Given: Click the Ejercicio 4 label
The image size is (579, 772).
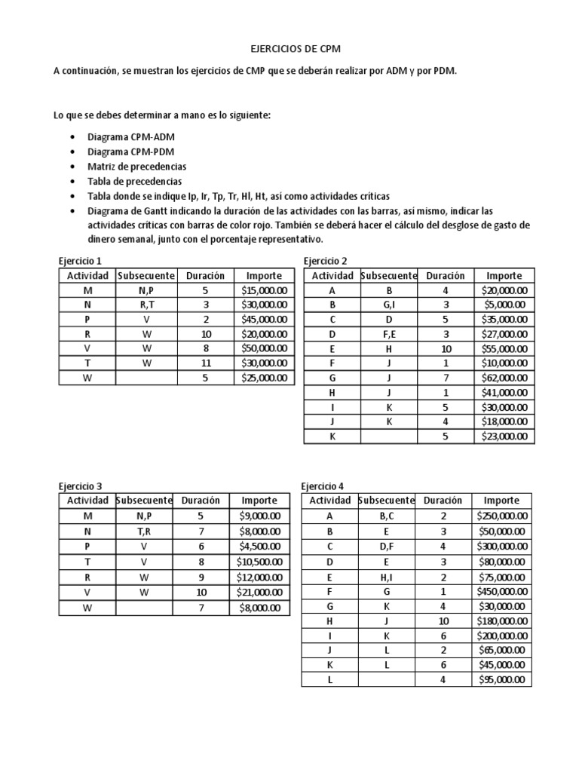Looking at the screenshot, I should (x=323, y=486).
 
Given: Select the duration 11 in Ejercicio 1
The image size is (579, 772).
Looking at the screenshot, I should (x=205, y=363).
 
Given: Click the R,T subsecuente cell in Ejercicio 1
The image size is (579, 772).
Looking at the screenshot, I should (x=146, y=305).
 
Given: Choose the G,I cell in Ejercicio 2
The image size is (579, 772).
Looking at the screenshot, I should (x=389, y=305).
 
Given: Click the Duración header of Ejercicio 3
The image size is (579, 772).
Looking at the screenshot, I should (x=201, y=501).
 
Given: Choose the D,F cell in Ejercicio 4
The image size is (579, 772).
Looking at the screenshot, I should (x=386, y=547).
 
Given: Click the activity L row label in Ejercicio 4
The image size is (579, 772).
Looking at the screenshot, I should (x=329, y=680).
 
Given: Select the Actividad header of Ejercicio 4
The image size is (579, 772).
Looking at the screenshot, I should (x=329, y=501).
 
